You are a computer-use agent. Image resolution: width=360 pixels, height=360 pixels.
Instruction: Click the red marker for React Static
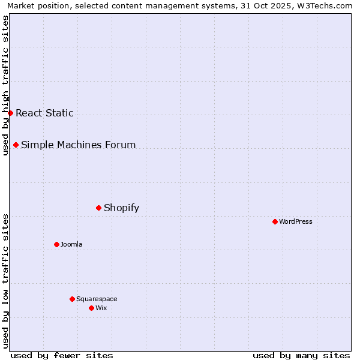(10, 113)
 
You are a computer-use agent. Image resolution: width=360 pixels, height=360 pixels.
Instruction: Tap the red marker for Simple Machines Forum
(16, 145)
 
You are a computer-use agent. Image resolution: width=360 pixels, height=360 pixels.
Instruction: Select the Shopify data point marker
(98, 208)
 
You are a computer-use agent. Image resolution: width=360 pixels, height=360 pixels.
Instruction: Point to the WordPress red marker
(275, 221)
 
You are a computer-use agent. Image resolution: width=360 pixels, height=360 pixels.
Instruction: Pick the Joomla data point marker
(56, 244)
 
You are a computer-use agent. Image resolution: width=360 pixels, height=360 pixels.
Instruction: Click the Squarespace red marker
(72, 299)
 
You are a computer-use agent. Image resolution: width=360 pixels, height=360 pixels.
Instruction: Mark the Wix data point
(91, 308)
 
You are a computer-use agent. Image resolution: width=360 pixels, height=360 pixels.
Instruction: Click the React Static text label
(44, 113)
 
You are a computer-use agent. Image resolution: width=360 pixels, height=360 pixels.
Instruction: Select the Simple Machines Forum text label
(78, 145)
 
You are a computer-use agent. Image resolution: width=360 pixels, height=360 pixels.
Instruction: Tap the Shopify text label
(121, 208)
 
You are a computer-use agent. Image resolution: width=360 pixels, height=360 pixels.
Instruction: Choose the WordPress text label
(296, 221)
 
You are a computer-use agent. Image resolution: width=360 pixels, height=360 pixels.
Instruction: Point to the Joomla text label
(71, 244)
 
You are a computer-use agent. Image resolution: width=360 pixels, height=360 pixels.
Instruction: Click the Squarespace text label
(97, 299)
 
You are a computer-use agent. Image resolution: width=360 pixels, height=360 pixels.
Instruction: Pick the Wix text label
(101, 308)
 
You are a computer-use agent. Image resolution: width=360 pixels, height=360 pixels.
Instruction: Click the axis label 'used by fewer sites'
(62, 355)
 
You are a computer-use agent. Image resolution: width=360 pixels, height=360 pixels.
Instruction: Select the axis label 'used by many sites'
(301, 355)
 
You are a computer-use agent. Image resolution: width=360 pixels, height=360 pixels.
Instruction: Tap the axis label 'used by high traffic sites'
(5, 85)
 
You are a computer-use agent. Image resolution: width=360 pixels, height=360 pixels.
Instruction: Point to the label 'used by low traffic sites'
(5, 280)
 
